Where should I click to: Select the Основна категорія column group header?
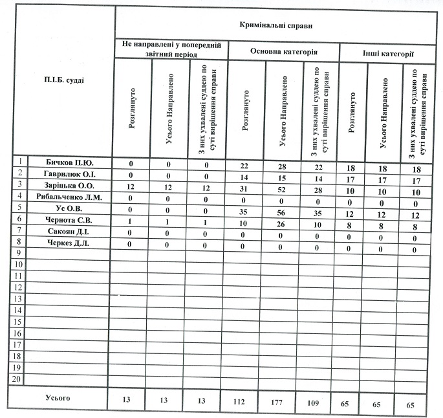coord(284,50)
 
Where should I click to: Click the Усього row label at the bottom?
coord(57,396)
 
